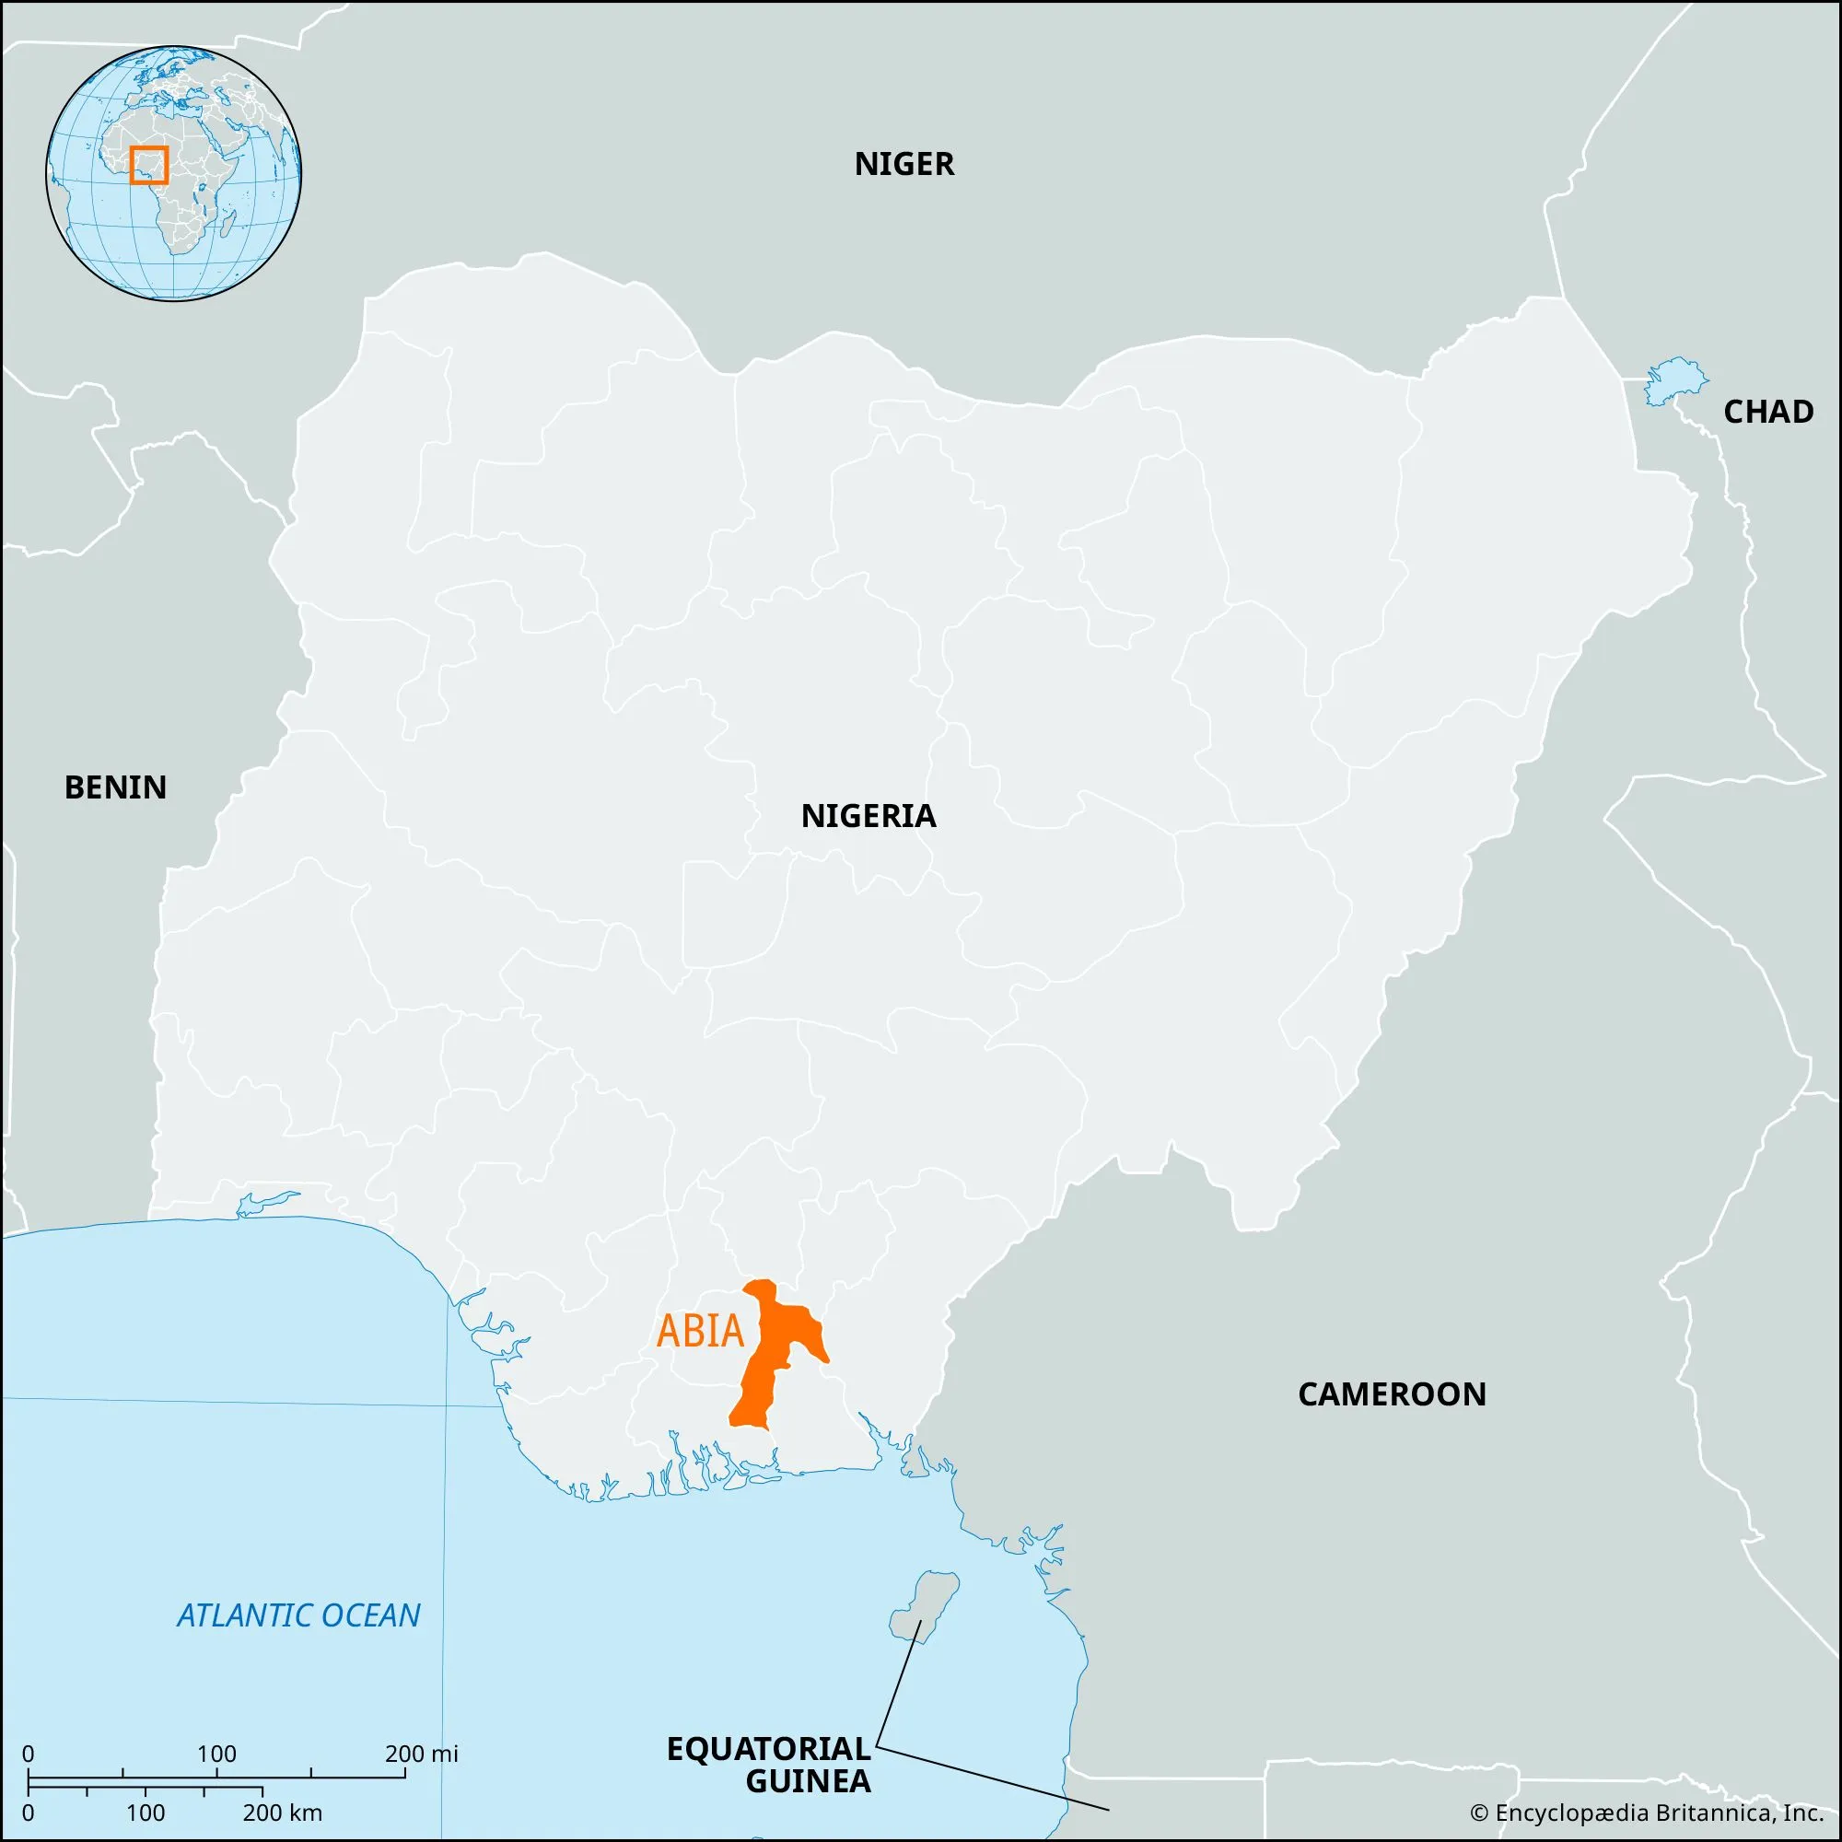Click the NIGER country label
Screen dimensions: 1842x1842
(904, 165)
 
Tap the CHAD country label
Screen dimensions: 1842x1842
(1767, 412)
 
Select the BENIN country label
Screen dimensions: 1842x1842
(115, 787)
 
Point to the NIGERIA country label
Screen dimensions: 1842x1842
(869, 816)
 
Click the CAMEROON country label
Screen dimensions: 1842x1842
(1391, 1394)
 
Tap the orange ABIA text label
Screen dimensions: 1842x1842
(701, 1332)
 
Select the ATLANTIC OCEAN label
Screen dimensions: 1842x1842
(298, 1615)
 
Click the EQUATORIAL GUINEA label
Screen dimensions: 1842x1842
(768, 1763)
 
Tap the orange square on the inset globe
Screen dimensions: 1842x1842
(148, 164)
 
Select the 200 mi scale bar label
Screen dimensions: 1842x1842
(422, 1754)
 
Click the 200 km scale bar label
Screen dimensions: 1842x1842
(282, 1813)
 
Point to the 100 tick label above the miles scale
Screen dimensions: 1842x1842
(216, 1754)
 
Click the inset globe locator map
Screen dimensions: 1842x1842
(173, 172)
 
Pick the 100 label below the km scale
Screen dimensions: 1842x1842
(145, 1813)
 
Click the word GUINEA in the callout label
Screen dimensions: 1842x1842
(809, 1780)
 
